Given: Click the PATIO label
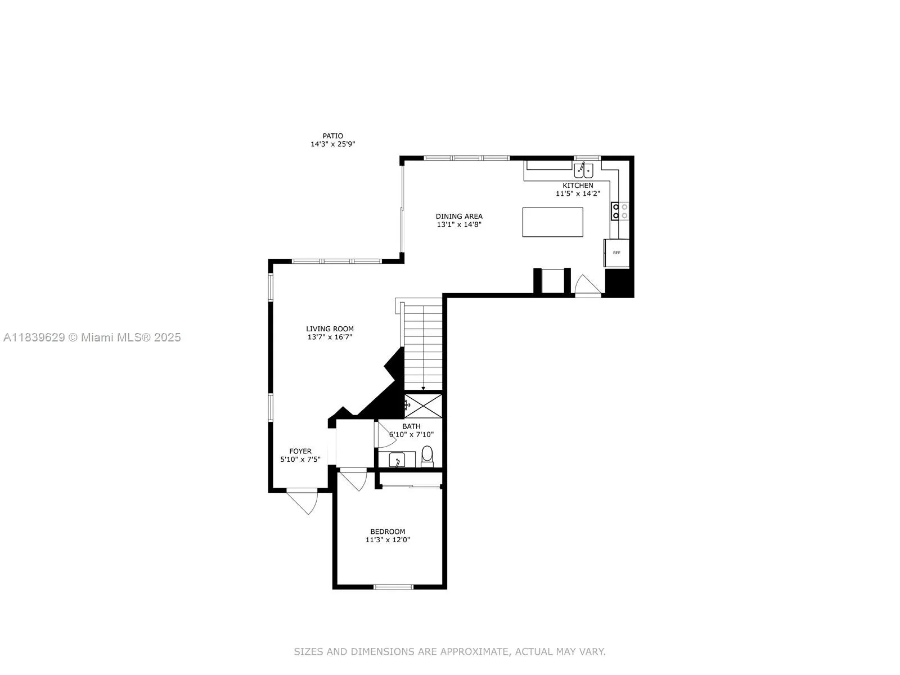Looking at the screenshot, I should (x=332, y=136).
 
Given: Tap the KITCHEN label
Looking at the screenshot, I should (x=578, y=185).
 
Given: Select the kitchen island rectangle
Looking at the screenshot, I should (x=552, y=222).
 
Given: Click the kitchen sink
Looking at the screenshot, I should (x=583, y=169).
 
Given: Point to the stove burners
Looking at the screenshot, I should (x=620, y=211).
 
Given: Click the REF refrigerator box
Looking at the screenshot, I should (x=616, y=253).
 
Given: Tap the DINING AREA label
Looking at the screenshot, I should (x=459, y=216).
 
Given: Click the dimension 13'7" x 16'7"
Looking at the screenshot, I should (x=330, y=337).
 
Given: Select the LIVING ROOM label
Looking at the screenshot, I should (x=330, y=328).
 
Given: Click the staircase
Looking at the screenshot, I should (x=423, y=346).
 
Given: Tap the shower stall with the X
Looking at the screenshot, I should (x=424, y=406).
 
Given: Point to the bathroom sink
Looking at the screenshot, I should (x=397, y=460).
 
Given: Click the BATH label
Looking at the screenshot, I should (x=411, y=426).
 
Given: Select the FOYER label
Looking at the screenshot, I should (x=300, y=451).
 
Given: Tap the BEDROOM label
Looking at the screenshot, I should (x=388, y=532).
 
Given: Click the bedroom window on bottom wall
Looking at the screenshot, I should (x=393, y=587).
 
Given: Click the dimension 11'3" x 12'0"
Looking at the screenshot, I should (x=388, y=540).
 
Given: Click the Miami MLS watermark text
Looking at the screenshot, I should (x=92, y=337).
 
